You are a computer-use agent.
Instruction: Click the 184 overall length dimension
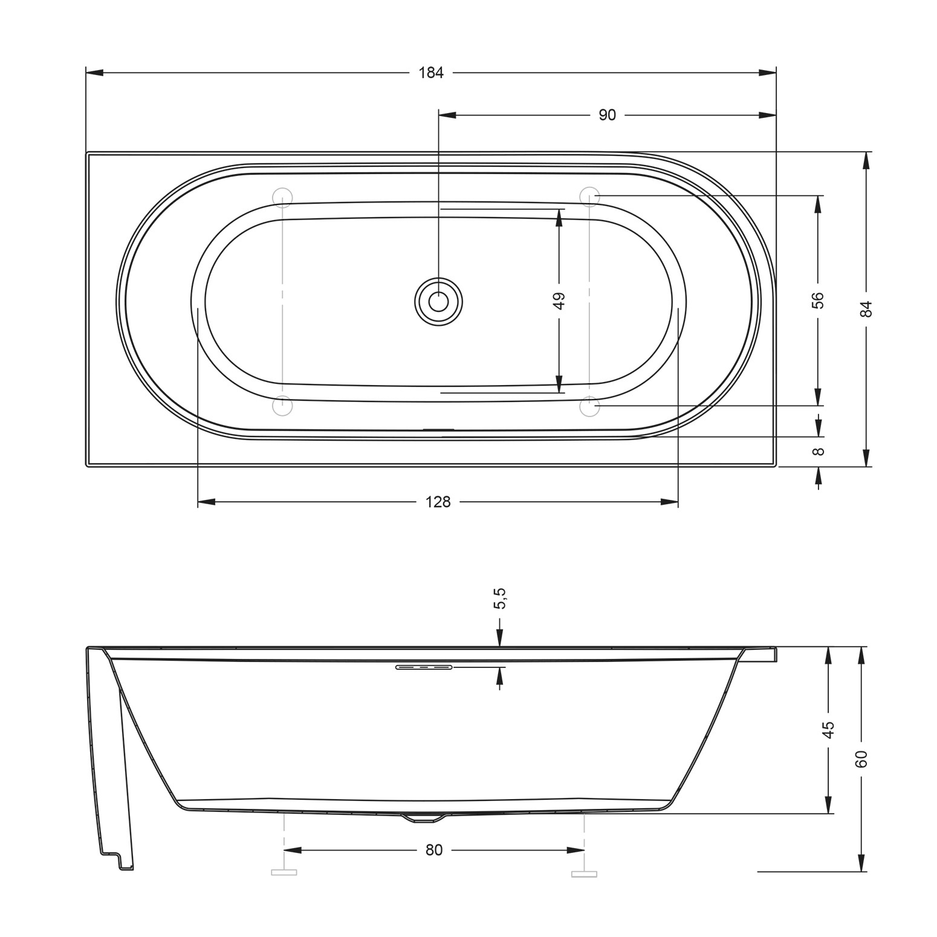point(431,73)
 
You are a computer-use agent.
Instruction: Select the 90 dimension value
point(607,115)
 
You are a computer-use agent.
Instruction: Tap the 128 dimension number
point(438,502)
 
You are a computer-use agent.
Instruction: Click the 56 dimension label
point(817,300)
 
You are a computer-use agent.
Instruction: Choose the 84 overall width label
point(866,309)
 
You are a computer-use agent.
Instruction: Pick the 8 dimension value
point(818,452)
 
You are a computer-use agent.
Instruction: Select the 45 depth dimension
point(828,730)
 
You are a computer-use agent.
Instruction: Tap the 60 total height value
point(861,759)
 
